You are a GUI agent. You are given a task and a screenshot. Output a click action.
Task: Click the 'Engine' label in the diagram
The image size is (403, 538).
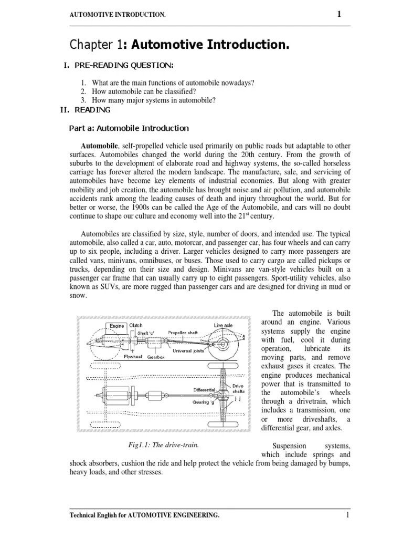tap(116, 326)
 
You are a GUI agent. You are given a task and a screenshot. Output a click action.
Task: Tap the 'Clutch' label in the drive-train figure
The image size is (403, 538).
tap(136, 325)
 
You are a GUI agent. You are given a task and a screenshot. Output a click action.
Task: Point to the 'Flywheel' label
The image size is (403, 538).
tap(133, 356)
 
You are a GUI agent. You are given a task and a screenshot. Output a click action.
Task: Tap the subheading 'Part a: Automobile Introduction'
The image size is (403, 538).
tap(129, 128)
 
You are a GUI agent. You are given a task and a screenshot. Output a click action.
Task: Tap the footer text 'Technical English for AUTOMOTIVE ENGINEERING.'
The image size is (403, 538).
tap(145, 516)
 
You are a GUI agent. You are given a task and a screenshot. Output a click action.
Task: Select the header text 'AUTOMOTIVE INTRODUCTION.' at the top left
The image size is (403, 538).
tap(118, 15)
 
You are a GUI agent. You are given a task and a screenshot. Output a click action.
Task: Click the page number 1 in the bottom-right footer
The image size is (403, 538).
tap(347, 515)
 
